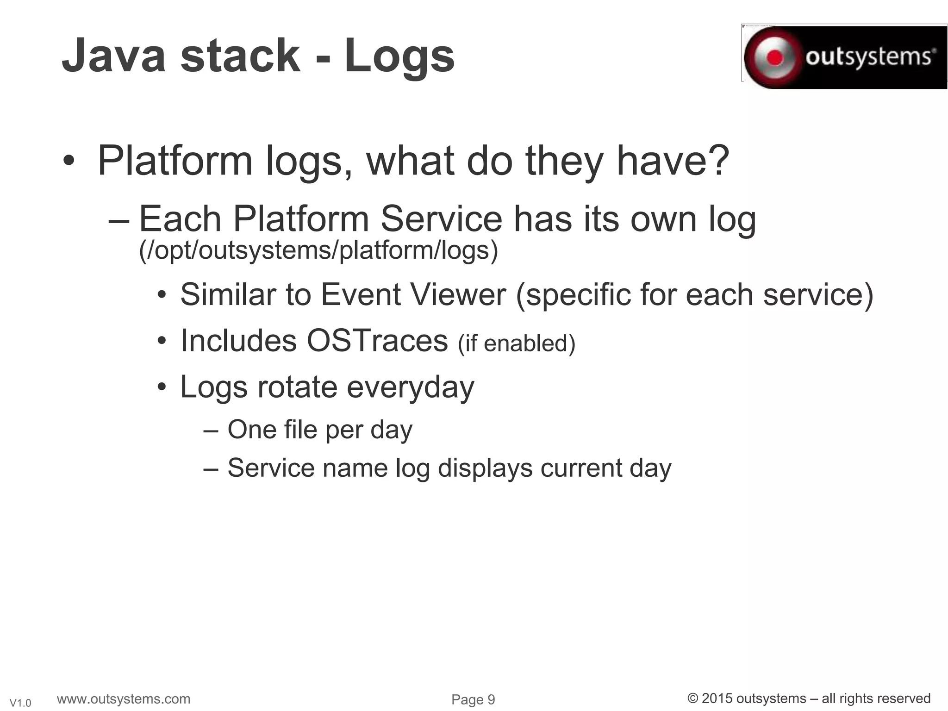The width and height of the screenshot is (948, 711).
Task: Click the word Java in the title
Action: tap(114, 56)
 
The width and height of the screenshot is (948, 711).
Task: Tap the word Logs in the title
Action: tap(399, 56)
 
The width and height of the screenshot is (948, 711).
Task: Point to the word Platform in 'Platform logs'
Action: tap(175, 161)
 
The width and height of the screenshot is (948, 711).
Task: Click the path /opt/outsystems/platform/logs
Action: tap(318, 250)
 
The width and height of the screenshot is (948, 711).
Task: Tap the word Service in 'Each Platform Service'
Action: tap(441, 219)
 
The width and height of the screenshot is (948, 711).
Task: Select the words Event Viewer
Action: tap(413, 294)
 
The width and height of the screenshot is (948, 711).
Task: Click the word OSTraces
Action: tap(377, 341)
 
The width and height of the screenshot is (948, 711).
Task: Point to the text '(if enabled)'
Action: tap(516, 343)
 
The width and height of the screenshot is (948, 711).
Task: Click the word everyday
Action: tap(410, 387)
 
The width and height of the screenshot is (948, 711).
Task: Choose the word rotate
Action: tap(297, 387)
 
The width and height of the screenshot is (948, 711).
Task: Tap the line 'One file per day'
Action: tap(319, 430)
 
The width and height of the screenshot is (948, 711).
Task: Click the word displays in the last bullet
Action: tap(485, 468)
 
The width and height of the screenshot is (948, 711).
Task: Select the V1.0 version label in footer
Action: tap(20, 703)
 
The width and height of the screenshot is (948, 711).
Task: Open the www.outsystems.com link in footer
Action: tap(123, 699)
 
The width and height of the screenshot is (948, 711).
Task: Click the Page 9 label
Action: tap(473, 699)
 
